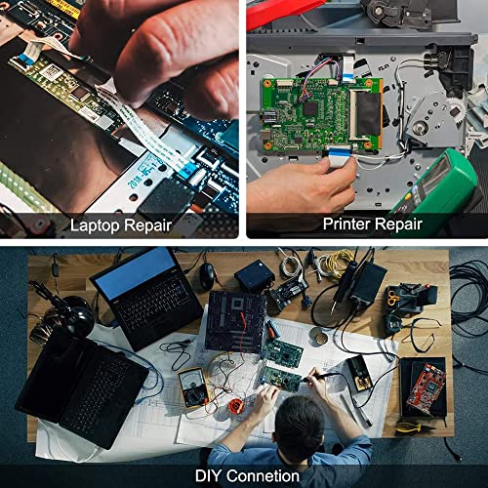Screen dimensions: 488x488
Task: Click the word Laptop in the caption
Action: point(94,226)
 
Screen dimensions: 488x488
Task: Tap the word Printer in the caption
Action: point(346,224)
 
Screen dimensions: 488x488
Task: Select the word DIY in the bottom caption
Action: point(208,475)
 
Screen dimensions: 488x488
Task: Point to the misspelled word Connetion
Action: point(263,476)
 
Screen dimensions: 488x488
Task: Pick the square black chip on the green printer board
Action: point(311,108)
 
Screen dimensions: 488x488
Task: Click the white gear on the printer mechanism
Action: point(456,110)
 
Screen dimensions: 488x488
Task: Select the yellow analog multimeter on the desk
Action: point(194,387)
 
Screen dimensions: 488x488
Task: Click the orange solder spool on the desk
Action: point(235,406)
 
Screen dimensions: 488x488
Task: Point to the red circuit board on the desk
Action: point(427,387)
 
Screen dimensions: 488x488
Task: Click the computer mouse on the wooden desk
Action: point(208,275)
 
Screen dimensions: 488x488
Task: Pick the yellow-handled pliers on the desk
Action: point(413,428)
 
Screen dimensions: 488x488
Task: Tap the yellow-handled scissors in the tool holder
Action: point(393,297)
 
